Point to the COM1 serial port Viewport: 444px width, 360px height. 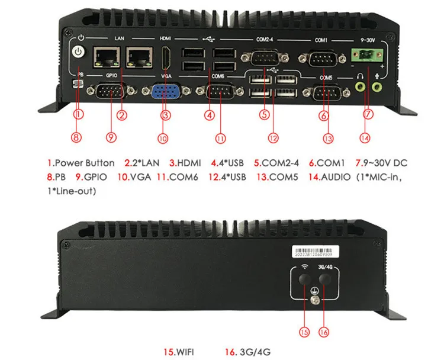coord(318,58)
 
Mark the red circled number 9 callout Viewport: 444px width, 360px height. coord(111,138)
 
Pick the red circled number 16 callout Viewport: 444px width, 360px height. coord(324,332)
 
